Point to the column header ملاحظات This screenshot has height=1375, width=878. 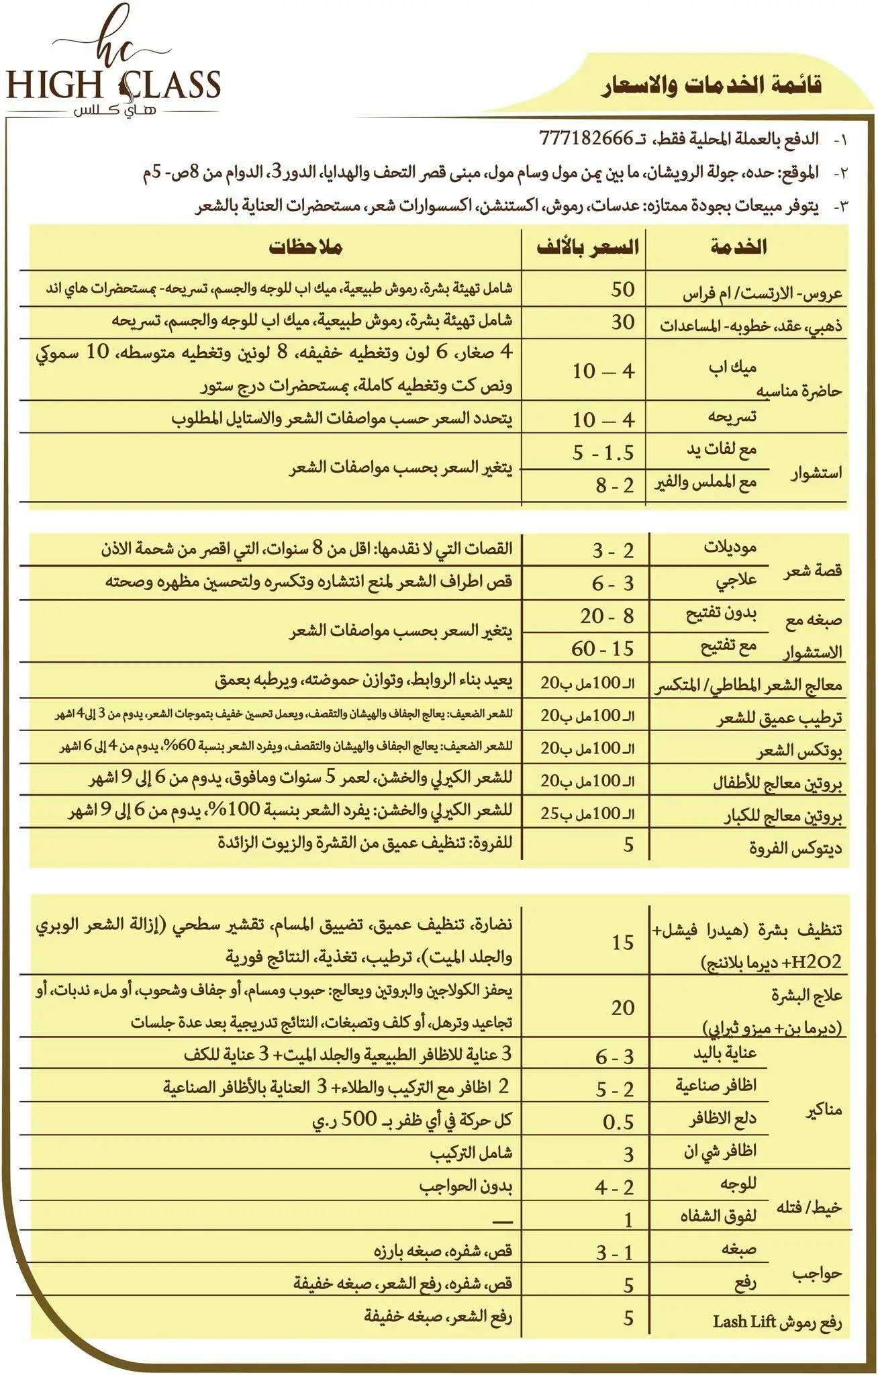click(x=305, y=247)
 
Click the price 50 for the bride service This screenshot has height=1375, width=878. click(x=622, y=289)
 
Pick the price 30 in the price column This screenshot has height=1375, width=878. click(x=622, y=322)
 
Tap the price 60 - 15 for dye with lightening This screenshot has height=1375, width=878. click(x=602, y=649)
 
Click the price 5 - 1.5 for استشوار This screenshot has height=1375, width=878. click(x=602, y=453)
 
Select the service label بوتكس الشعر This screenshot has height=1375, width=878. click(x=799, y=751)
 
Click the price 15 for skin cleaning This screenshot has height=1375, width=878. click(x=622, y=942)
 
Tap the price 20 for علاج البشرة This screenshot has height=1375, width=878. click(x=622, y=1007)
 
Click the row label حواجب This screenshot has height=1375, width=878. click(x=817, y=1274)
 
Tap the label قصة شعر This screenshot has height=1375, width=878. click(x=814, y=571)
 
